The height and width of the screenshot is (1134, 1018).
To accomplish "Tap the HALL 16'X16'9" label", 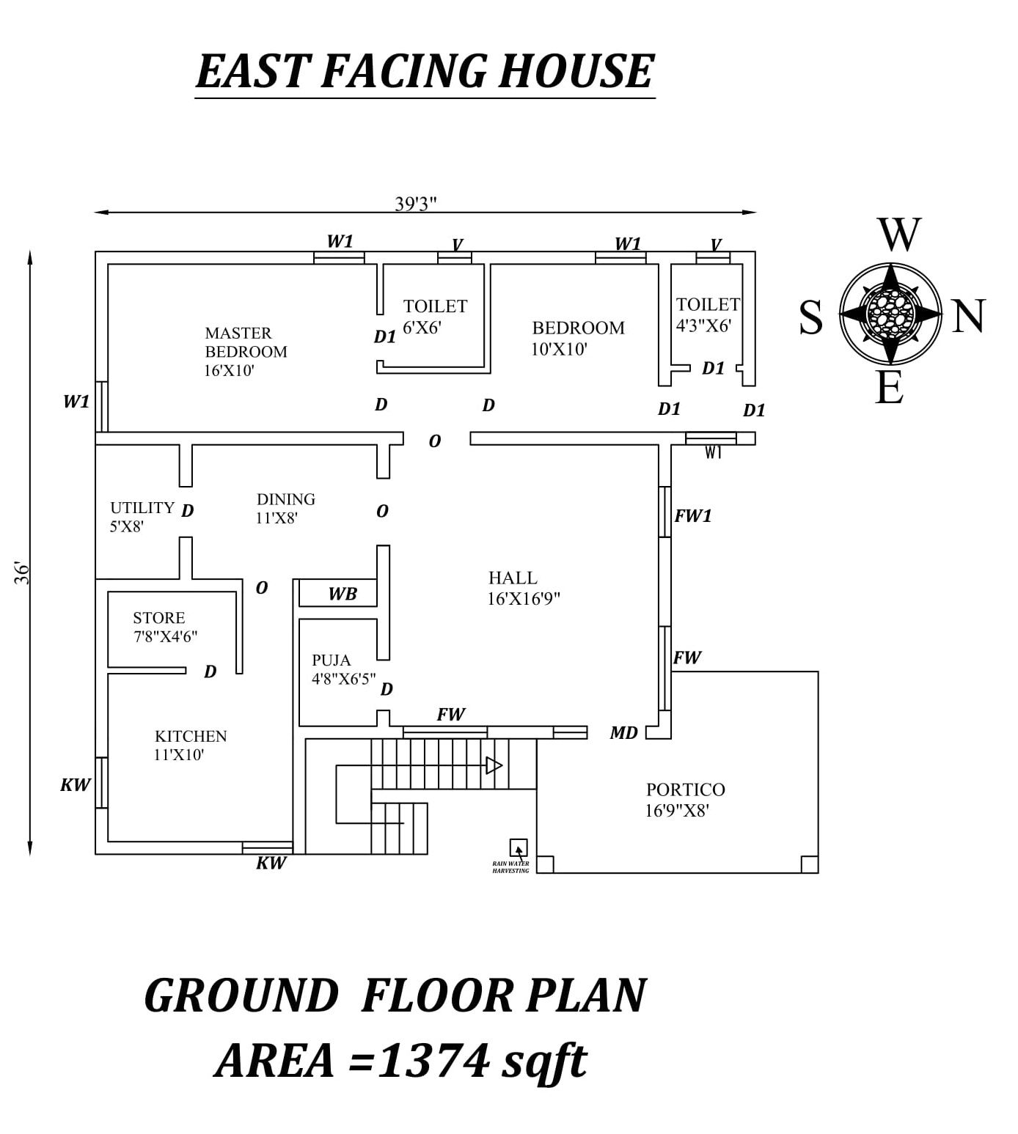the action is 524,589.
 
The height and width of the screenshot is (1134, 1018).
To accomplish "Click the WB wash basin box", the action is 337,593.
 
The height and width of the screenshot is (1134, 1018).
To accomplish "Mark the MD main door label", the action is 624,733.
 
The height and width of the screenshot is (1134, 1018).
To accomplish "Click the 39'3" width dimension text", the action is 415,204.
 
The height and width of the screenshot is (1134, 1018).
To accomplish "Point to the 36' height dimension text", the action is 21,572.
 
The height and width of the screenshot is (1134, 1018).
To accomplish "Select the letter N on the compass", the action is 969,316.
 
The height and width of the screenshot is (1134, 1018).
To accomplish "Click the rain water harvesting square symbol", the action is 518,847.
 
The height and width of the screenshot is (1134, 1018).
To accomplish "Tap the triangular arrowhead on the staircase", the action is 494,765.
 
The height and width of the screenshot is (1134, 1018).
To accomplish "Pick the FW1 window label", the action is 693,515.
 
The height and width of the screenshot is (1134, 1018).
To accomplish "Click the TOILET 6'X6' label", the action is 435,317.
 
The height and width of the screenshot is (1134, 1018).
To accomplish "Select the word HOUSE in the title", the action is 576,72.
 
